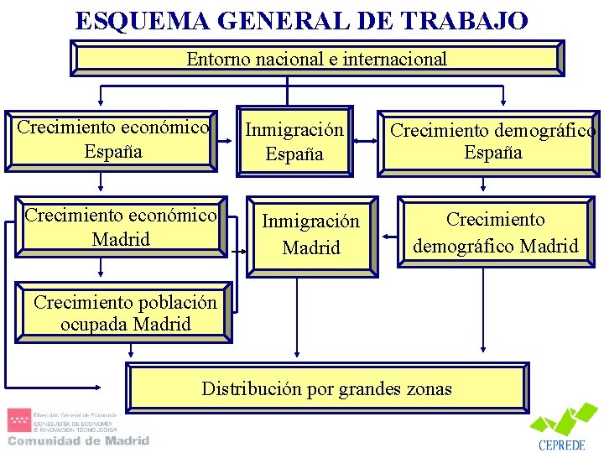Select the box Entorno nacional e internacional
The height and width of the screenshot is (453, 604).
click(316, 59)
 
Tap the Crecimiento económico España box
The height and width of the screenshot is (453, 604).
click(112, 139)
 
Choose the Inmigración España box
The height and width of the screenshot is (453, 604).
click(294, 141)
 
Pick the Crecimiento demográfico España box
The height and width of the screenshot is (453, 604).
click(493, 142)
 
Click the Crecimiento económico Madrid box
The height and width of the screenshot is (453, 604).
click(120, 226)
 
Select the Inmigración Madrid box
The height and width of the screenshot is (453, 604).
click(311, 235)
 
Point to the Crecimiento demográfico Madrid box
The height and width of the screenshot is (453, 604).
click(495, 232)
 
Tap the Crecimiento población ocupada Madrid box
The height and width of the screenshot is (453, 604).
click(124, 314)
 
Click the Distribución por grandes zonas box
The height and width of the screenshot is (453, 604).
click(326, 388)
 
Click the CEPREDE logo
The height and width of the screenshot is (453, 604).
click(562, 429)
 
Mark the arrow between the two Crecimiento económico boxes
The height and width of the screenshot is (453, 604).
click(101, 180)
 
